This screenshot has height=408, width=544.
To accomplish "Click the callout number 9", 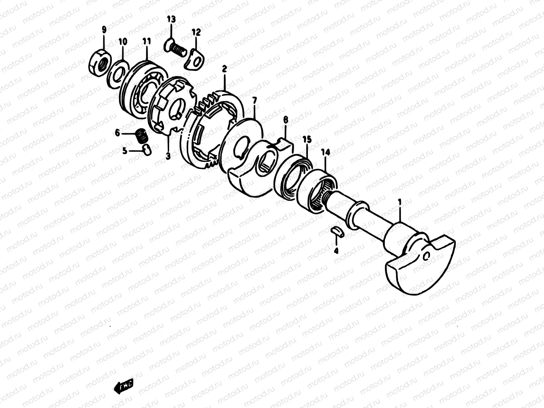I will [x=104, y=30].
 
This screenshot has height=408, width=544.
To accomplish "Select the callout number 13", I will [x=171, y=19].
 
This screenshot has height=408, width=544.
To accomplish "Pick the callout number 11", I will [x=147, y=42].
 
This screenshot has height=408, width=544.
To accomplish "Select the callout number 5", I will [x=125, y=151].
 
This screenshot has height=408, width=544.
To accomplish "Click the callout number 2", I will [x=224, y=69].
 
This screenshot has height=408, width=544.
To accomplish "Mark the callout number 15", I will [x=307, y=139].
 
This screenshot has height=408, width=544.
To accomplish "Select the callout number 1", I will [x=400, y=203].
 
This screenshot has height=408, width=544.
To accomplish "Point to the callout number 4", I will [x=336, y=251].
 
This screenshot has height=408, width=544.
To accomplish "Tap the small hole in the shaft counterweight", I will [x=426, y=256].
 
